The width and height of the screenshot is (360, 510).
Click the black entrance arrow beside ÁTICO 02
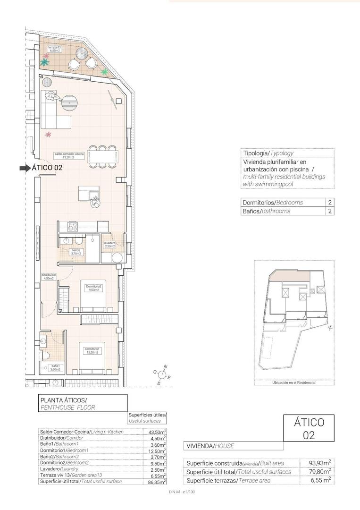click(x=25, y=168)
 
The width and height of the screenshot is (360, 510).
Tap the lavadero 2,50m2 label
click(x=110, y=245)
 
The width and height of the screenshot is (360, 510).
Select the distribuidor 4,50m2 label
click(x=49, y=277)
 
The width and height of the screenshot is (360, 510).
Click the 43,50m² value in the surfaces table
click(x=157, y=432)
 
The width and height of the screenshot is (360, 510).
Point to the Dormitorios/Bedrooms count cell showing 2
click(x=329, y=202)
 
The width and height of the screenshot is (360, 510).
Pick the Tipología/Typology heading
click(x=268, y=153)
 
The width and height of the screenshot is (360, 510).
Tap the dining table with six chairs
click(x=103, y=156)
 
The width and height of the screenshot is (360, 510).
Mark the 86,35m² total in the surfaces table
click(x=157, y=482)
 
